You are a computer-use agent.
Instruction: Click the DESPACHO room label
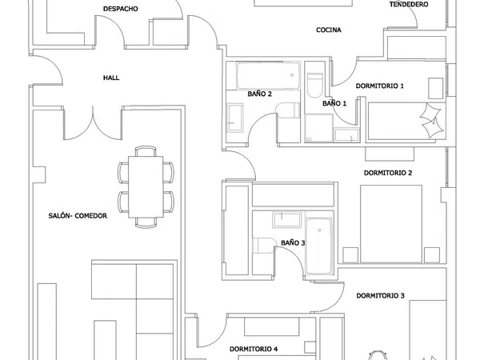click(120, 9)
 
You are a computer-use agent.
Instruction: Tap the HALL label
click(111, 78)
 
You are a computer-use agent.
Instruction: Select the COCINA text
click(329, 30)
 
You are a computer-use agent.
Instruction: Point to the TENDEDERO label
click(409, 4)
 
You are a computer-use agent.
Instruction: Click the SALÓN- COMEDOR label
click(78, 216)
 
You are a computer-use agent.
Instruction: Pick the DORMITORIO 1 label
click(379, 86)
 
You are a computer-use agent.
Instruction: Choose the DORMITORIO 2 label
click(388, 173)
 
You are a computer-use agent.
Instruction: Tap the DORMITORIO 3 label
click(380, 296)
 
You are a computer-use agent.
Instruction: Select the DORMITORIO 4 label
click(254, 349)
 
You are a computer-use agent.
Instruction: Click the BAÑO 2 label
click(259, 94)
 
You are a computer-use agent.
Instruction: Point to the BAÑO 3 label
click(293, 243)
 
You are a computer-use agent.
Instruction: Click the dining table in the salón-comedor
click(146, 186)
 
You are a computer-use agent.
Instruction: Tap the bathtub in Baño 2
click(268, 75)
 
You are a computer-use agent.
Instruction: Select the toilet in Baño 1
click(314, 85)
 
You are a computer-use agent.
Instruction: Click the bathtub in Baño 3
click(319, 246)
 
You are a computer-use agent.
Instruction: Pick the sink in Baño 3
click(287, 220)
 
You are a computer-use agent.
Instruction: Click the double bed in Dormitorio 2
click(391, 224)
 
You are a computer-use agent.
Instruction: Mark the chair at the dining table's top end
click(146, 151)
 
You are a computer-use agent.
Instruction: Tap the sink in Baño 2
click(235, 118)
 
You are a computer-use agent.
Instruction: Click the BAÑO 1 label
click(334, 103)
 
